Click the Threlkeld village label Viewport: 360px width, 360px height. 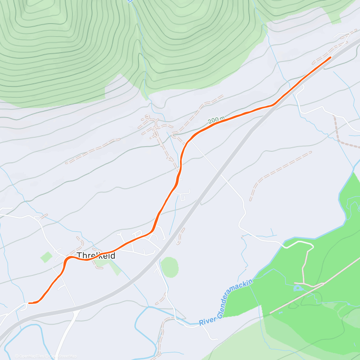96,255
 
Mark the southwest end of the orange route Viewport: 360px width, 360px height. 29,303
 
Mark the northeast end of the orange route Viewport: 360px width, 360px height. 330,57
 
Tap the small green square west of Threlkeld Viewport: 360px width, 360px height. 46,257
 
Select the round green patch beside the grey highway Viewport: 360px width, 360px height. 169,267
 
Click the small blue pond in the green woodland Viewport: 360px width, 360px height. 298,288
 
